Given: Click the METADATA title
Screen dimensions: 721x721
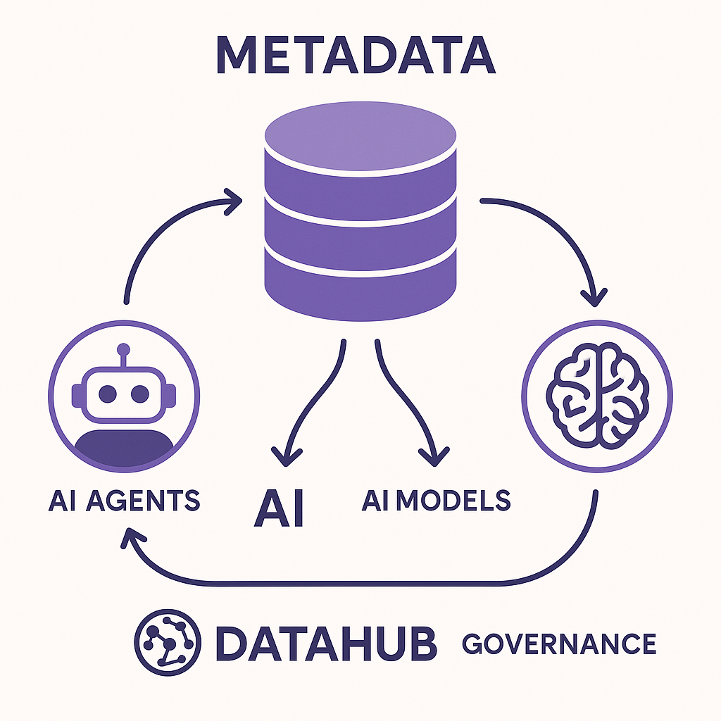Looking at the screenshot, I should pyautogui.click(x=360, y=56).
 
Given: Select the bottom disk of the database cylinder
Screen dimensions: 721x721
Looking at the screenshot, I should pyautogui.click(x=360, y=285).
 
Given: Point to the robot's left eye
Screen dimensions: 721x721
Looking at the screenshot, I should pyautogui.click(x=108, y=393).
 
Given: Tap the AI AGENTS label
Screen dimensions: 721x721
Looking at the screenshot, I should pyautogui.click(x=124, y=501).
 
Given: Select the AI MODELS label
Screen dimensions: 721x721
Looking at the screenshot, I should pyautogui.click(x=437, y=499).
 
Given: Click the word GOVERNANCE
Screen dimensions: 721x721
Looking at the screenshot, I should pyautogui.click(x=559, y=643).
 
